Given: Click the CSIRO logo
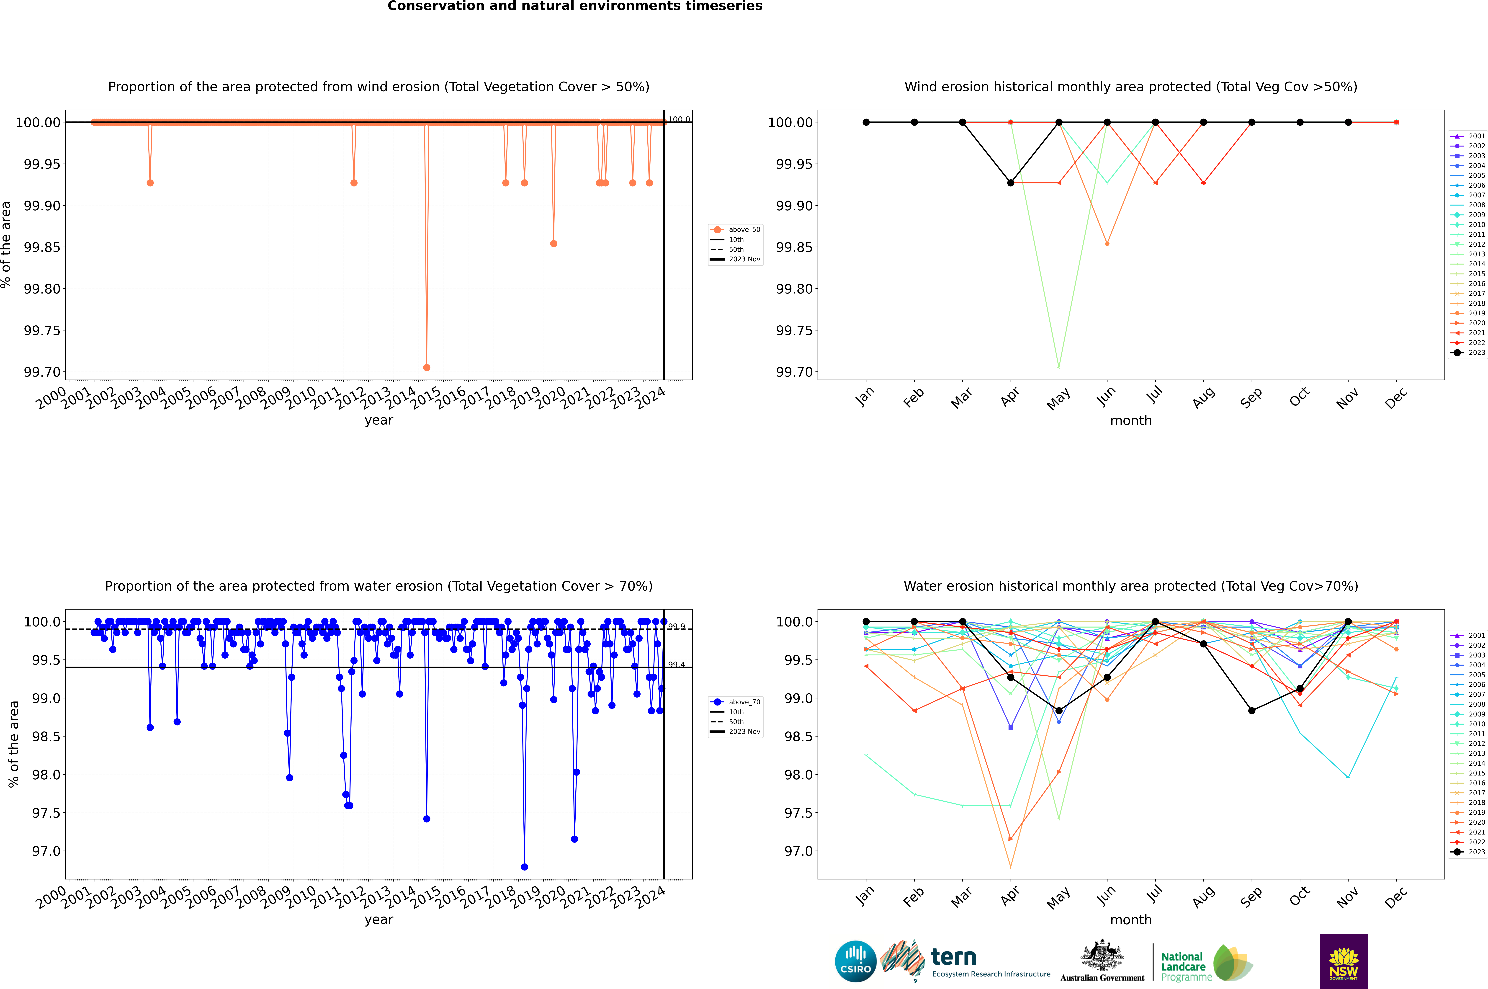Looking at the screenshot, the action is (855, 961).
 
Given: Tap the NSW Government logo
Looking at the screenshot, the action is (1344, 961).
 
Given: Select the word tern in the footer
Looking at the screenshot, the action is (954, 957).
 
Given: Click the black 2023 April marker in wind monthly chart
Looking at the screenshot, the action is (1011, 183).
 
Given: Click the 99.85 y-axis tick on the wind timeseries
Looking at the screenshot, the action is (42, 247).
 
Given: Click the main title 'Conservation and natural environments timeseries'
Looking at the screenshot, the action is (575, 6).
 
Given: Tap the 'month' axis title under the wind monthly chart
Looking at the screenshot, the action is (1131, 421).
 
